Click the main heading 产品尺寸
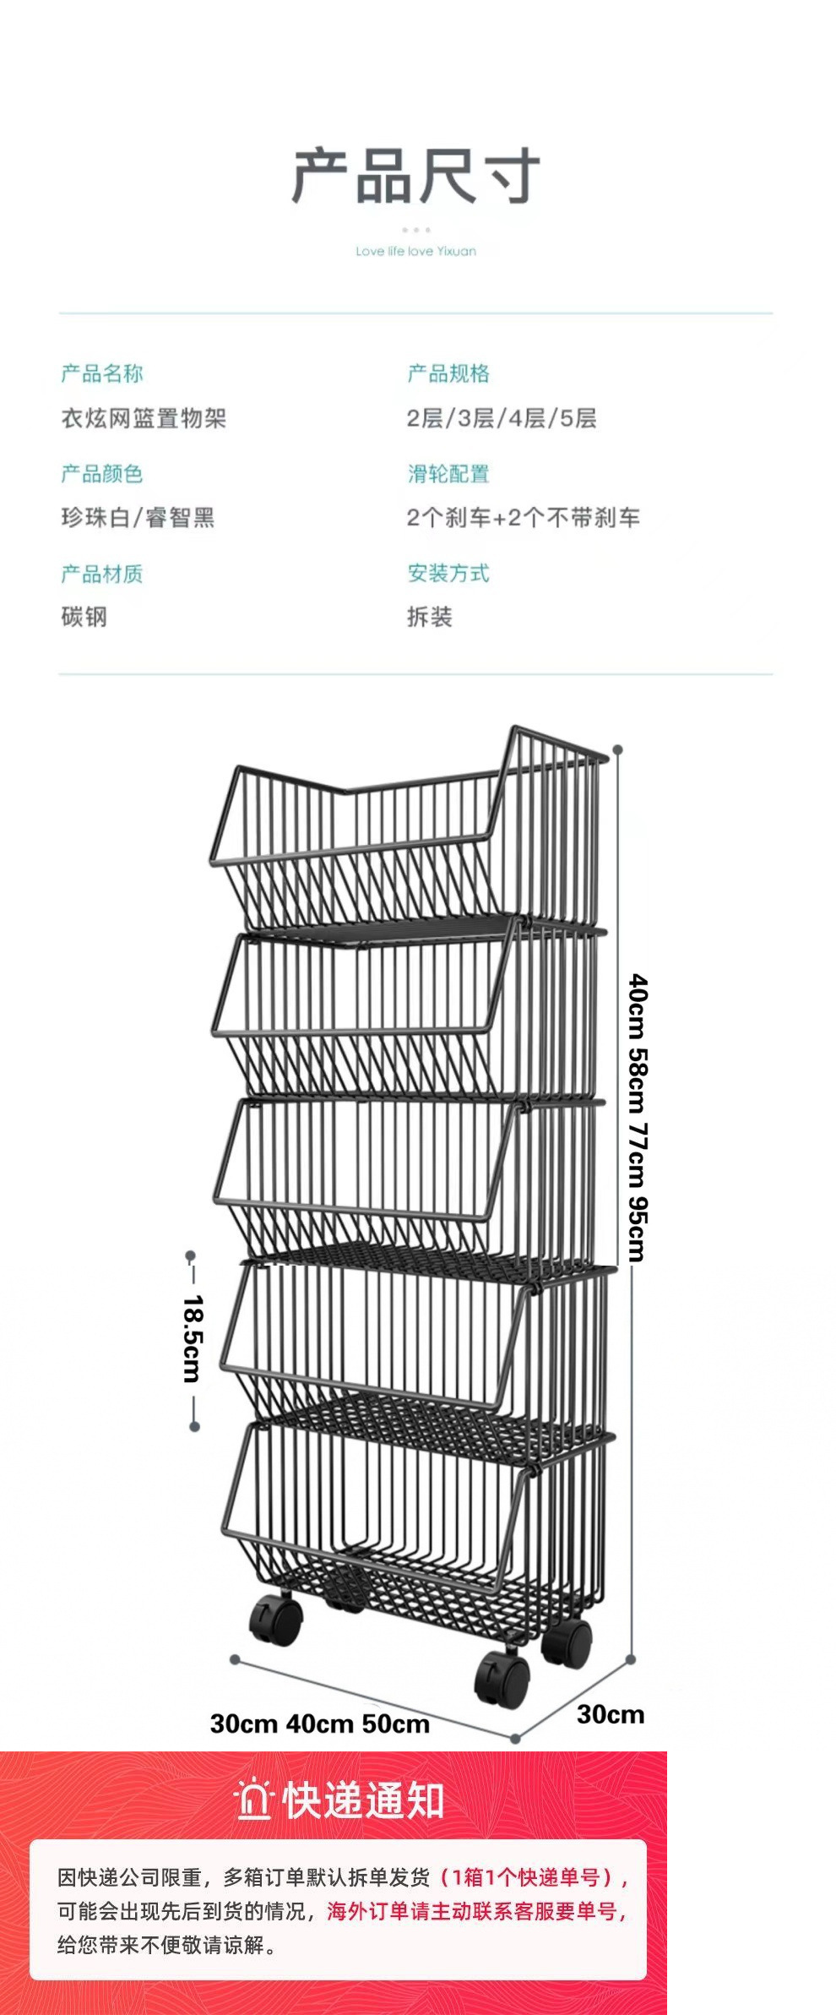(415, 176)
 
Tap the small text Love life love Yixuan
(415, 251)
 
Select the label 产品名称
(102, 373)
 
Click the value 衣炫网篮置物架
(144, 418)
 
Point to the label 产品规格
(448, 373)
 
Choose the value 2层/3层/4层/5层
(502, 418)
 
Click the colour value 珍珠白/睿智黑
(138, 517)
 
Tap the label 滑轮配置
(448, 474)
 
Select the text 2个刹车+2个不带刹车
(523, 517)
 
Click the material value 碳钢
(84, 617)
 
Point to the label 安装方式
(448, 574)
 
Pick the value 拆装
(430, 617)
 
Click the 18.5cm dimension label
(193, 1339)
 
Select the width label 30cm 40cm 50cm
(320, 1724)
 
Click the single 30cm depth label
(611, 1714)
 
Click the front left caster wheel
(276, 1619)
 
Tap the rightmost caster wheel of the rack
(567, 1642)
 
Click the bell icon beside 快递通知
(253, 1800)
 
